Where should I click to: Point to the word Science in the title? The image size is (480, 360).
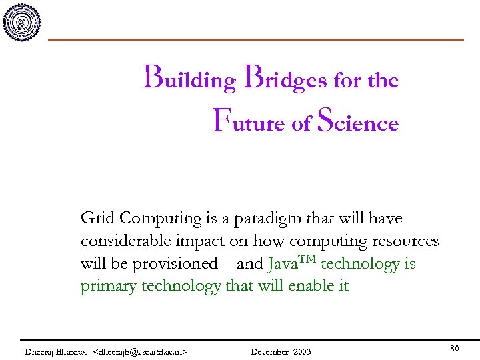click(357, 123)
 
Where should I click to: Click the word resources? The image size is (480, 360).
click(405, 241)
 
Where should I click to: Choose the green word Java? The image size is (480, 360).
click(282, 263)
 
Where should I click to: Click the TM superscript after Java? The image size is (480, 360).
click(307, 259)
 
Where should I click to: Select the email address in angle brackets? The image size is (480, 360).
click(141, 351)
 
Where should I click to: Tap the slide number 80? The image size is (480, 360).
click(455, 349)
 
